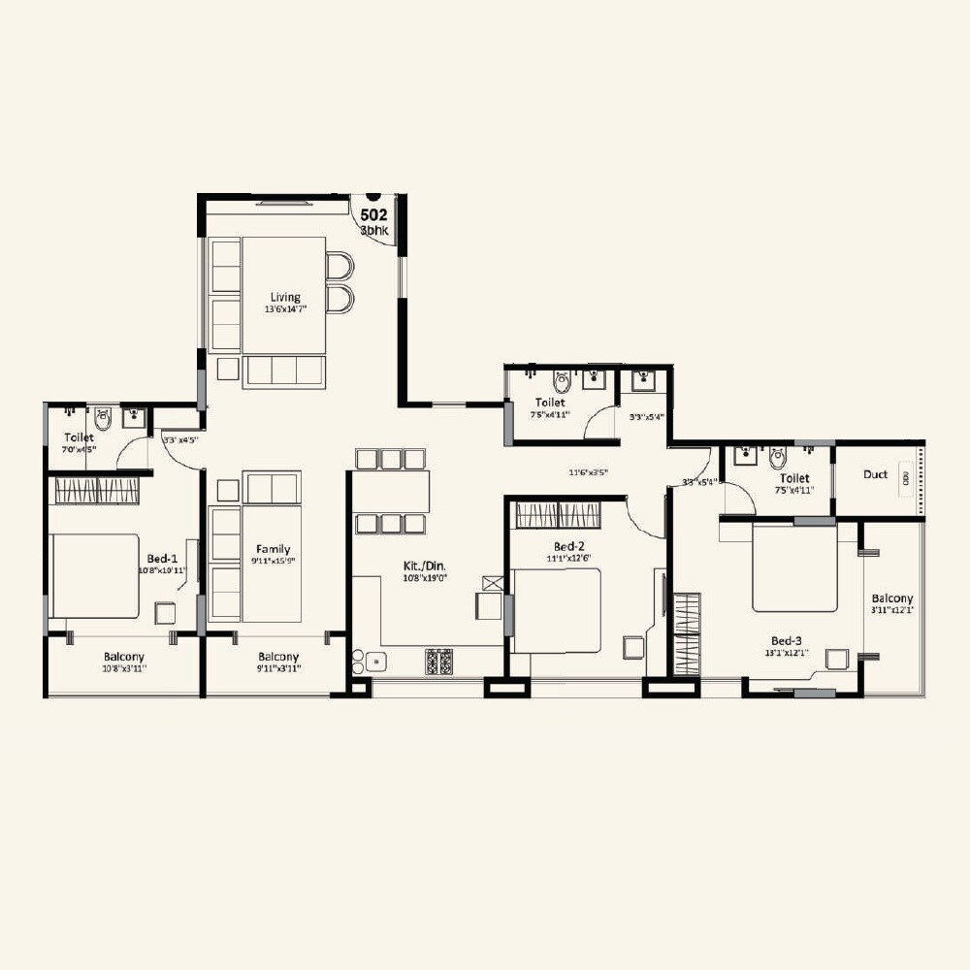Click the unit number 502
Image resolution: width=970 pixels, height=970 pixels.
[x=374, y=215]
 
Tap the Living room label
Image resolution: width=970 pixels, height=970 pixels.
[x=285, y=297]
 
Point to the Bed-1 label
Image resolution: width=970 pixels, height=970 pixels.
[x=162, y=559]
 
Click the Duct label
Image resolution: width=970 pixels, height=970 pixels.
[x=875, y=474]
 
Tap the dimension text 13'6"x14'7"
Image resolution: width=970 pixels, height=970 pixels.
[x=285, y=309]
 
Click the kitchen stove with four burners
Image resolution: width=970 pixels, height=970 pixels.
[x=438, y=662]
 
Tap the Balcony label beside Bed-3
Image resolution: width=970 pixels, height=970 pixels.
[x=890, y=598]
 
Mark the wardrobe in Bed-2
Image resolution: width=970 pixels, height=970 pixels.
[x=557, y=515]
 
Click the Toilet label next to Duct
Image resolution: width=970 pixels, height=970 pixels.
[x=794, y=478]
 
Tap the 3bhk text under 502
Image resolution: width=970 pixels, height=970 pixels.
[x=374, y=231]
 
